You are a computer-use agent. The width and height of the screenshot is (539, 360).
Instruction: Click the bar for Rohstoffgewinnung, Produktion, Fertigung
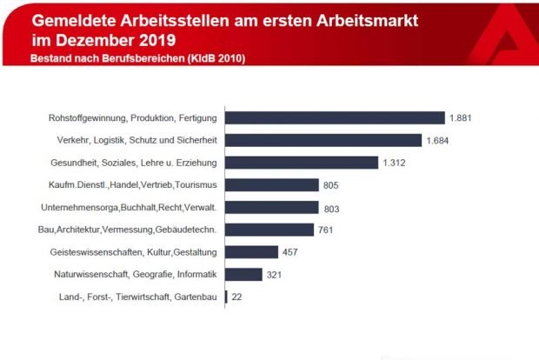[x=335, y=117]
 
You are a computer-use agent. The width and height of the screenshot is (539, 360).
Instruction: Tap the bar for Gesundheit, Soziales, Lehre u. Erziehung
[x=302, y=163]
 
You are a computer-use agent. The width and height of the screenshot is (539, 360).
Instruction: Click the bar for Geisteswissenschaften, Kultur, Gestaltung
[x=251, y=252]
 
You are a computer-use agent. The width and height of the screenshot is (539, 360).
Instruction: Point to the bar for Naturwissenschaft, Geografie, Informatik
[x=243, y=275]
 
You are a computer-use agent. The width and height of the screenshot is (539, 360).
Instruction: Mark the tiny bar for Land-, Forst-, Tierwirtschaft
[x=226, y=297]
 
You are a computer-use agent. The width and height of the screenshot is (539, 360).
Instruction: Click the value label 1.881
[x=461, y=117]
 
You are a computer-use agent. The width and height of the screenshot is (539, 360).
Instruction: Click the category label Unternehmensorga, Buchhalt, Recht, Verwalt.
[x=129, y=208]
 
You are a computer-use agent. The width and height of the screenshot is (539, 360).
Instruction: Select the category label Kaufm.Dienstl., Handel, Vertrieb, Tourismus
[x=133, y=185]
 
